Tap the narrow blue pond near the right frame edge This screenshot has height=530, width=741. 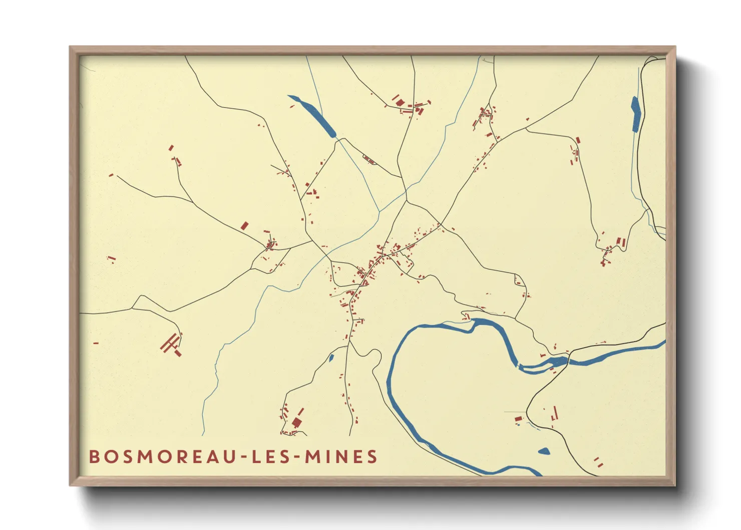click(636, 114)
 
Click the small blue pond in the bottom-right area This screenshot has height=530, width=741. click(544, 451)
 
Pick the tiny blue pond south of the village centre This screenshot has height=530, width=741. click(331, 358)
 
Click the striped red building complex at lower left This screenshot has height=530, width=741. click(171, 345)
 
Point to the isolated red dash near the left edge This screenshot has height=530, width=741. click(96, 343)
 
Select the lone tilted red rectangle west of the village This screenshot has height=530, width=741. click(244, 225)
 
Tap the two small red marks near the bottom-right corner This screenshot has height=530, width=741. click(598, 462)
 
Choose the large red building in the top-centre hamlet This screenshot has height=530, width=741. click(400, 103)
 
